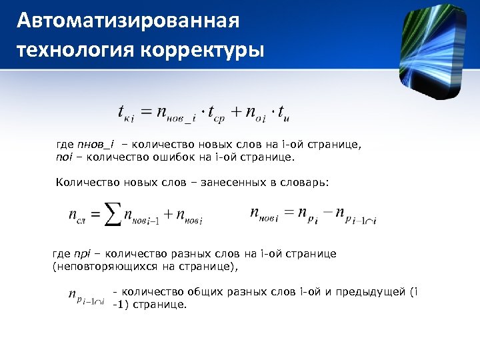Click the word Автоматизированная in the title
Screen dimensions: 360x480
tap(127, 21)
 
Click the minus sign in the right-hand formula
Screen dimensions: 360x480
tap(325, 213)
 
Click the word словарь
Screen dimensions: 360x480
tap(303, 181)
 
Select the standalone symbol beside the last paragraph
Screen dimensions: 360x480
tap(86, 297)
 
